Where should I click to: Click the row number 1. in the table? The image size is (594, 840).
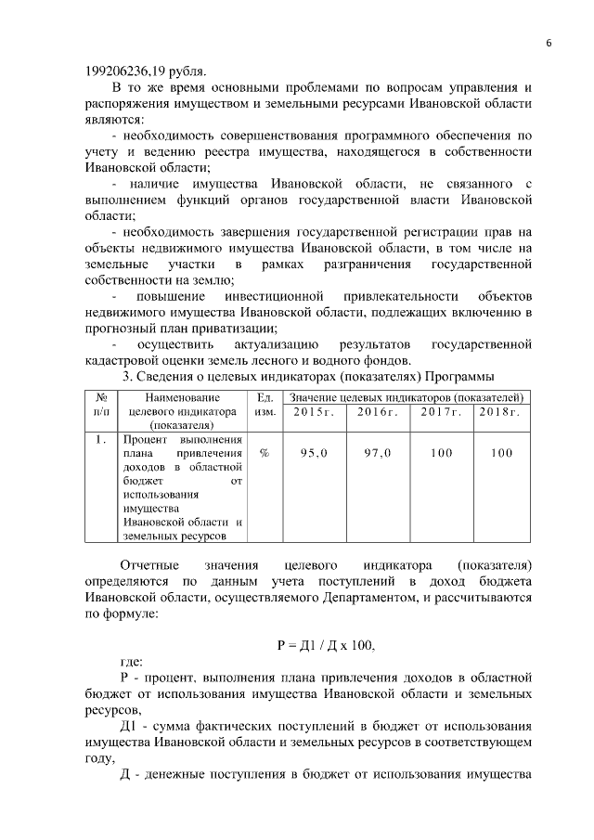tap(101, 439)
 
